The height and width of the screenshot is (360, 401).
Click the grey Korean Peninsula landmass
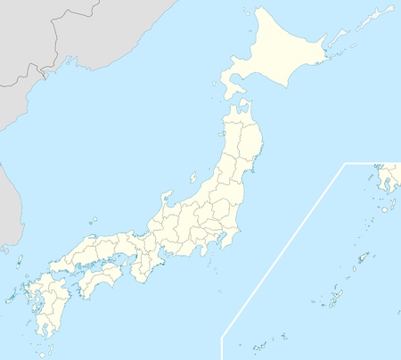[7, 205]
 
